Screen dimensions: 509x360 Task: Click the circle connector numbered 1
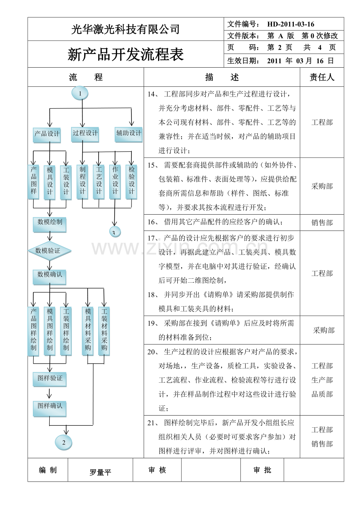pyautogui.click(x=80, y=93)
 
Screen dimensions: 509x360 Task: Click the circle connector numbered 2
pyautogui.click(x=64, y=443)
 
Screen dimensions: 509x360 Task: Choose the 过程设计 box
pyautogui.click(x=85, y=133)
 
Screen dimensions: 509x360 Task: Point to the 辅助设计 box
pyautogui.click(x=128, y=133)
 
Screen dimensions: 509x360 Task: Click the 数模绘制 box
pyautogui.click(x=50, y=222)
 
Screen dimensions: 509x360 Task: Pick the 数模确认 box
pyautogui.click(x=50, y=275)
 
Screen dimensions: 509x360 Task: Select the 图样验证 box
pyautogui.click(x=50, y=378)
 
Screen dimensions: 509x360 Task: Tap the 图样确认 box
pyautogui.click(x=50, y=406)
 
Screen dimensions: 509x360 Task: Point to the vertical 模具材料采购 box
pyautogui.click(x=88, y=331)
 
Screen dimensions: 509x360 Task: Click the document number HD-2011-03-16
pyautogui.click(x=291, y=24)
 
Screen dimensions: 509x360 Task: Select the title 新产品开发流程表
pyautogui.click(x=126, y=55)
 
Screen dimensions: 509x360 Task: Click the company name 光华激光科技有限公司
pyautogui.click(x=126, y=29)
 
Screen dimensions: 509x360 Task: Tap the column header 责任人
pyautogui.click(x=322, y=77)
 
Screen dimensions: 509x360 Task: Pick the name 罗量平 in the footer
pyautogui.click(x=101, y=472)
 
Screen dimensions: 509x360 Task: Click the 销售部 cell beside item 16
pyautogui.click(x=322, y=222)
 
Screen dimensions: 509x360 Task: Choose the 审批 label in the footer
pyautogui.click(x=262, y=470)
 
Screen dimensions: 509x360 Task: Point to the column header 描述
pyautogui.click(x=222, y=77)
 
